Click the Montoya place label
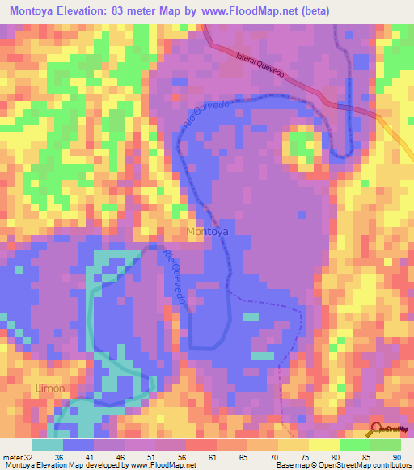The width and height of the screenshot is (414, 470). pyautogui.click(x=207, y=233)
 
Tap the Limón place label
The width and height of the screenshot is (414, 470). pyautogui.click(x=49, y=388)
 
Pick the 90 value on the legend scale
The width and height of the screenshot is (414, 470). pyautogui.click(x=396, y=457)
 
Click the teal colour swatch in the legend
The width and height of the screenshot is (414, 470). pyautogui.click(x=48, y=445)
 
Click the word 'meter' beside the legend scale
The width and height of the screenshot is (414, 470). pyautogui.click(x=12, y=457)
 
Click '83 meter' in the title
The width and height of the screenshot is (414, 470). pyautogui.click(x=156, y=10)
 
